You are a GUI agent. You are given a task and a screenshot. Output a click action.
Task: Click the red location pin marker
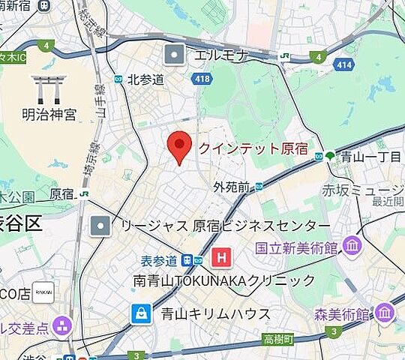[x=178, y=145]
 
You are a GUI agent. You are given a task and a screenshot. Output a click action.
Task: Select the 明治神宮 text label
[x=49, y=115]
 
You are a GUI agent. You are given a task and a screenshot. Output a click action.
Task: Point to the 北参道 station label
[x=145, y=79]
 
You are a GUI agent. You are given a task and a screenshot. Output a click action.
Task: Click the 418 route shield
[x=202, y=77]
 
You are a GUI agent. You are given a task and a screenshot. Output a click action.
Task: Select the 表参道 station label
[x=159, y=260]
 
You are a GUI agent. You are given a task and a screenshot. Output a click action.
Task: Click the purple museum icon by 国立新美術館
[x=351, y=245]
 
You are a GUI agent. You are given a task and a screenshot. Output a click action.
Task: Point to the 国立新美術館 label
[x=296, y=247]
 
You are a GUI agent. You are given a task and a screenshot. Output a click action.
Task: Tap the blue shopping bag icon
[x=141, y=313]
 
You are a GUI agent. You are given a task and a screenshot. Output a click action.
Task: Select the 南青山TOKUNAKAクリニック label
[x=224, y=280]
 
